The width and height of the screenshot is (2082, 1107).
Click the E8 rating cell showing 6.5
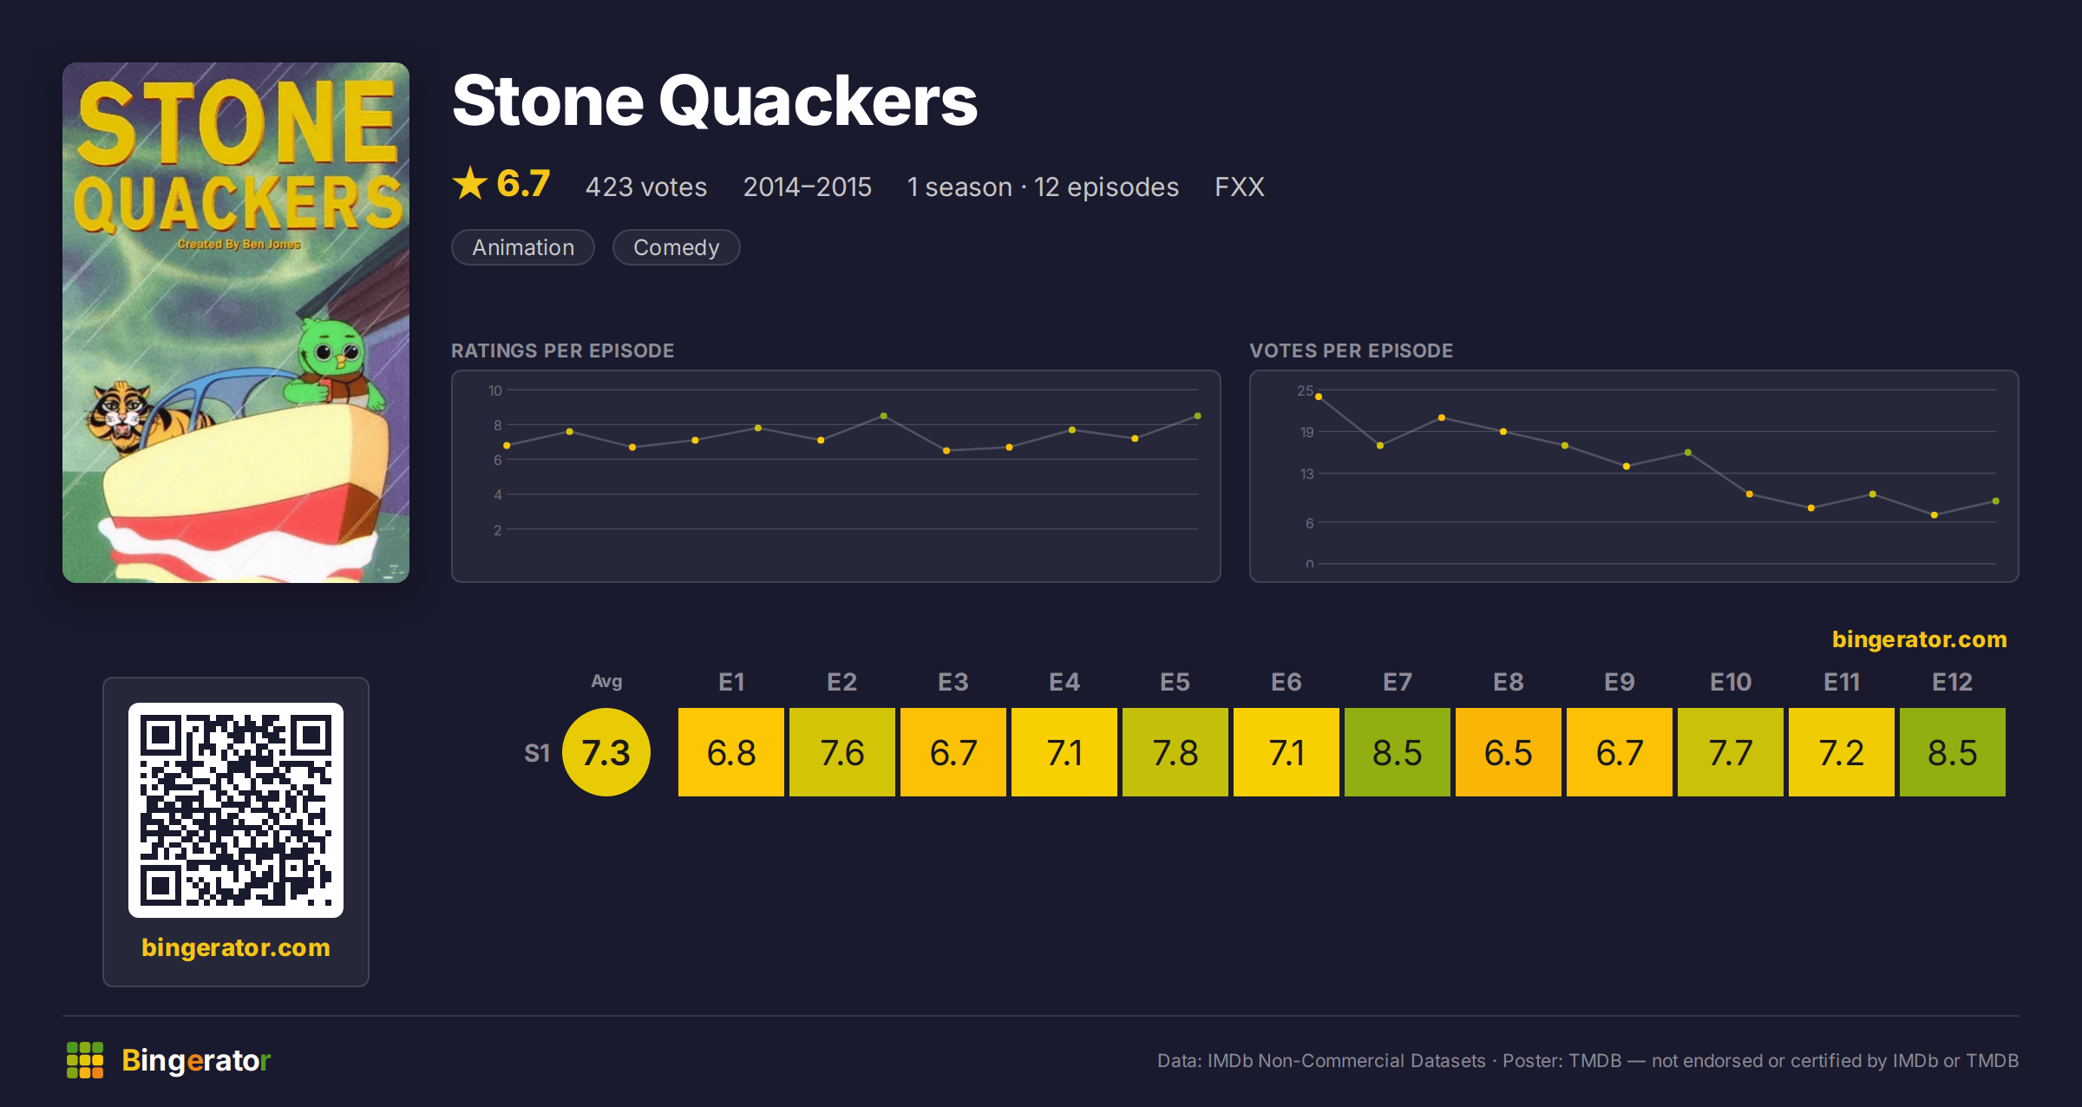pos(1509,752)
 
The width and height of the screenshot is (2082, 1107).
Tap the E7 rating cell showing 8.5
pos(1398,752)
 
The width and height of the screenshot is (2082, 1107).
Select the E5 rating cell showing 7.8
pos(1175,752)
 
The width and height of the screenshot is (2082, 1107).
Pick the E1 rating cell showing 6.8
pos(731,752)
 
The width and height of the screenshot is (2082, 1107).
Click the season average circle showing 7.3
pos(606,752)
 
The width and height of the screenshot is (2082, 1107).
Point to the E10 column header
pos(1731,682)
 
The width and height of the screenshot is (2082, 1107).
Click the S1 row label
pos(537,753)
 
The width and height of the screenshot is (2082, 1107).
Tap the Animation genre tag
pos(523,247)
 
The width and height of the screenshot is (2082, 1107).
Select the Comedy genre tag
pos(677,247)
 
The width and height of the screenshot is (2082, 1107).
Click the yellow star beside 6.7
pos(470,183)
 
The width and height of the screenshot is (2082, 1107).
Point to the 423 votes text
pos(646,187)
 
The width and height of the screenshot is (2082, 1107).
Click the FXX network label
pos(1240,187)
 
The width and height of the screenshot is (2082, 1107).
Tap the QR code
pos(236,810)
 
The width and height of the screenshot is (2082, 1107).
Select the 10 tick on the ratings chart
pos(495,390)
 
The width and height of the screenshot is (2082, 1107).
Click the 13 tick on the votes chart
pos(1306,474)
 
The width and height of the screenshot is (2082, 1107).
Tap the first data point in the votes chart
pos(1319,396)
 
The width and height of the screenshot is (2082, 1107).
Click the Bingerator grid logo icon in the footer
pos(85,1060)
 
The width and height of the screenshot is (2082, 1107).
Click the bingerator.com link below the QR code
pos(236,947)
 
